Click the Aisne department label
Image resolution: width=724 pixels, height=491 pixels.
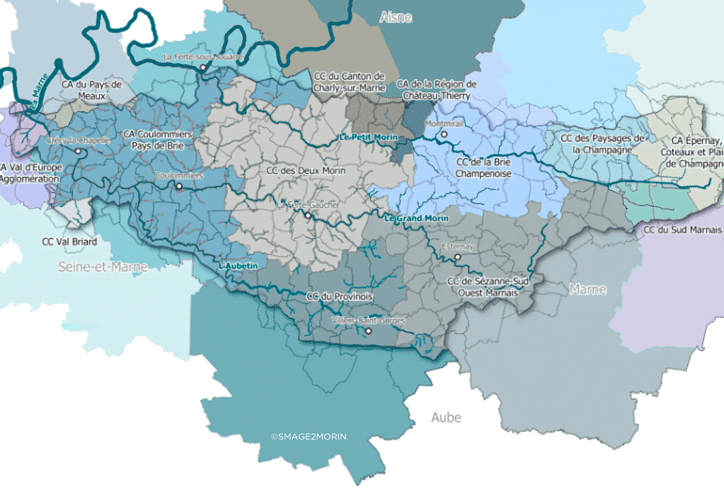click(x=396, y=17)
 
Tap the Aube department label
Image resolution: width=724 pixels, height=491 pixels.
click(x=446, y=417)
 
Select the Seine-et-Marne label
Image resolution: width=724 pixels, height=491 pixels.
click(x=103, y=267)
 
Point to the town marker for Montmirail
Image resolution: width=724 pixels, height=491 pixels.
click(x=444, y=134)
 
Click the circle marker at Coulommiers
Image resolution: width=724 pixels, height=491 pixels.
click(x=179, y=186)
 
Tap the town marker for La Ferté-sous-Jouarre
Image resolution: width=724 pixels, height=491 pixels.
click(x=203, y=67)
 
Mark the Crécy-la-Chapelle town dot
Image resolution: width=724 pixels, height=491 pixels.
click(x=78, y=151)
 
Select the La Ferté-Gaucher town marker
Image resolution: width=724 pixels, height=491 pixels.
click(x=308, y=216)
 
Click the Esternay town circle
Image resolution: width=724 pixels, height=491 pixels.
click(x=458, y=257)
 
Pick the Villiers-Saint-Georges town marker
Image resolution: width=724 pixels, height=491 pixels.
click(x=369, y=331)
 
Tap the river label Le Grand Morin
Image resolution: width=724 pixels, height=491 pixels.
click(x=416, y=218)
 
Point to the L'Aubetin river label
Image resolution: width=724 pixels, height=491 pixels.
click(x=238, y=266)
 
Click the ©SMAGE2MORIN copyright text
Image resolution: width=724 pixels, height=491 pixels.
click(x=309, y=437)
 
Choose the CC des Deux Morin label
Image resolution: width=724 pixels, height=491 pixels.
click(x=306, y=171)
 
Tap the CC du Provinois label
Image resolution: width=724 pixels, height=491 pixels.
click(x=340, y=297)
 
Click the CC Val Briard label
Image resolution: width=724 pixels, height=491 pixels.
click(x=70, y=242)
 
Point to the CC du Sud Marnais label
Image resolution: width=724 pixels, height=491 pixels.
click(x=682, y=230)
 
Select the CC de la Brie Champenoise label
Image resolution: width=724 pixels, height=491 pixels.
click(x=483, y=168)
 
